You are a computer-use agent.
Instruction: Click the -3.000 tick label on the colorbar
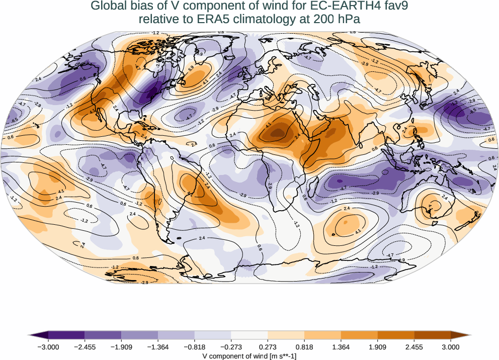click(x=48, y=347)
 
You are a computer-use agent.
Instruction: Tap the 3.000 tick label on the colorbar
click(x=451, y=347)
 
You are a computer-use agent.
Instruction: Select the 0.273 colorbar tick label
click(x=268, y=347)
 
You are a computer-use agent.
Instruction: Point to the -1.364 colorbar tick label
click(x=158, y=347)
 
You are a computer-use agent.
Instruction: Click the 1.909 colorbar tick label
click(x=377, y=347)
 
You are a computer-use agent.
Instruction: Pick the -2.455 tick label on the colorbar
click(x=85, y=347)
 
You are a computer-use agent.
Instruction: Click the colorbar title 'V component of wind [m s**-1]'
click(x=249, y=355)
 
